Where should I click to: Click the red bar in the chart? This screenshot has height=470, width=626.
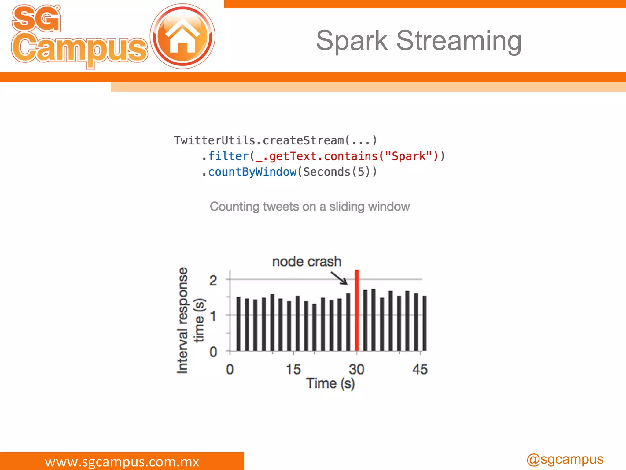point(356,311)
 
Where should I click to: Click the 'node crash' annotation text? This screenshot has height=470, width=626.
point(307,262)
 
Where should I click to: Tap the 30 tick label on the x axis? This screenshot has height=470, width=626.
point(356,369)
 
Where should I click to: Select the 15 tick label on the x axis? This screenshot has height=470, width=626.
point(293,369)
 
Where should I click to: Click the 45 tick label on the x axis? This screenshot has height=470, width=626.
point(420,369)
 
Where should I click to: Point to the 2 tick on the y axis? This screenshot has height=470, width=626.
point(213,280)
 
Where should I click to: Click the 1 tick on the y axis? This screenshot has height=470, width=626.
point(213,316)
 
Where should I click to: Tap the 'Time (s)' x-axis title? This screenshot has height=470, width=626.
point(330,384)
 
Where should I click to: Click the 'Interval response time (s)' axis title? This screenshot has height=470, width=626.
point(190,320)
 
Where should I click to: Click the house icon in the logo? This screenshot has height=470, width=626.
point(182,36)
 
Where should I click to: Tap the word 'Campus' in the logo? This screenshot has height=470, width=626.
point(79,49)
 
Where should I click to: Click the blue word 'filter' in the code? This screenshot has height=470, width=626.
point(228,156)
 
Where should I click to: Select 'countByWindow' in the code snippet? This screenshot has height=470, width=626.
point(252,172)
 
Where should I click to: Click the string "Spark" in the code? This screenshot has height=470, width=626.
point(408,156)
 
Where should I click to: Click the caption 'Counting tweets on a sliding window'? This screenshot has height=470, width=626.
point(310,207)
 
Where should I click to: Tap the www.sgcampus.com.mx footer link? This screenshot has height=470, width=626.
point(122,461)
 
